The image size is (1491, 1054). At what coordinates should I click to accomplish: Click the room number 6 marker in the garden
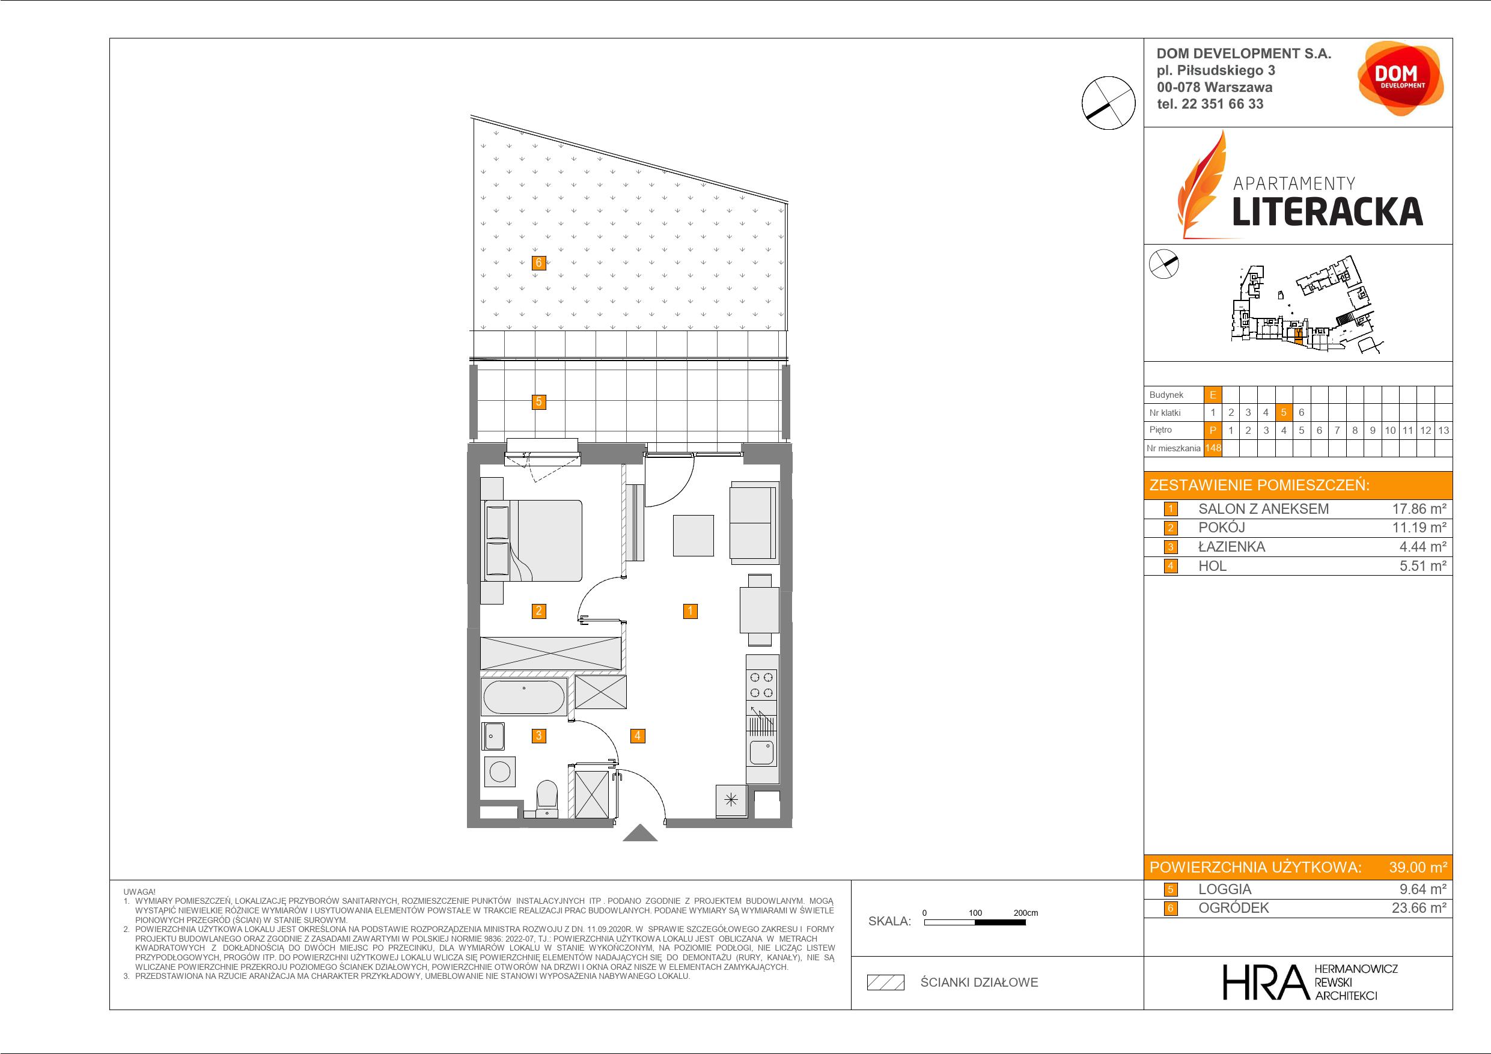(538, 263)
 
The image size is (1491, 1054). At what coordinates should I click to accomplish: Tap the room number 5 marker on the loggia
(538, 402)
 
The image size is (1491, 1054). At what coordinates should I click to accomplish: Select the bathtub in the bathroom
(524, 698)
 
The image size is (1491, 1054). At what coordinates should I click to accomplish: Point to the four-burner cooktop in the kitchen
(762, 685)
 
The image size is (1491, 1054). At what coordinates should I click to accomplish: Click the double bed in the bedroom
(532, 540)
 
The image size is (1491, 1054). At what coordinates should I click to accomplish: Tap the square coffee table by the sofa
(693, 536)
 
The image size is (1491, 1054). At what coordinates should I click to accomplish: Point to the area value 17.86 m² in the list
(1419, 508)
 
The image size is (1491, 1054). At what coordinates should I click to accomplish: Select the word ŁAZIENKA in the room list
(1231, 547)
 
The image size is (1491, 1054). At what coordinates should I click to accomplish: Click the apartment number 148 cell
(1212, 448)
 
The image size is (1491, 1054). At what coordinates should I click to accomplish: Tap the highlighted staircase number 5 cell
(1283, 412)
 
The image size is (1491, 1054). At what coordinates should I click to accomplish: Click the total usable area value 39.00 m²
(1418, 867)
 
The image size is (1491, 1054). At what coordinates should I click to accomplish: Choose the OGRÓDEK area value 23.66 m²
(1419, 908)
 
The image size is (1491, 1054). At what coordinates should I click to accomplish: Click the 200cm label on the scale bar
(1025, 912)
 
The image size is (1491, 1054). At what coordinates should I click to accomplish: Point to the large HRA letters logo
(1264, 982)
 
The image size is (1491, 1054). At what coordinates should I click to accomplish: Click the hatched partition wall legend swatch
(886, 982)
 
